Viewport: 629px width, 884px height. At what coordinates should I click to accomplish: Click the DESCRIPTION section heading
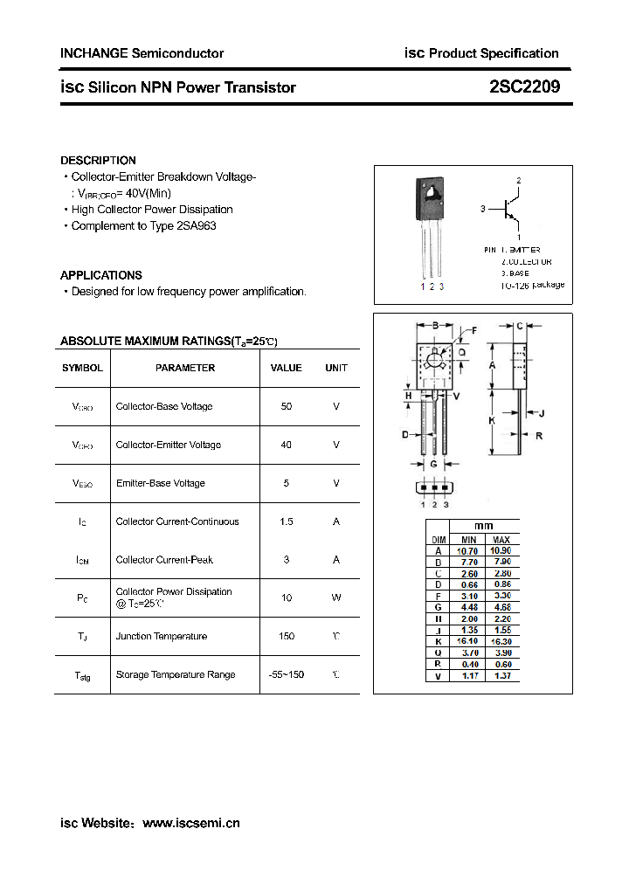coord(98,161)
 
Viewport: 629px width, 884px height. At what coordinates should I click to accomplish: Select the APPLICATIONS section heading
coord(100,275)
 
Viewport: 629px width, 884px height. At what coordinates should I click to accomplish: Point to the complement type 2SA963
coord(197,226)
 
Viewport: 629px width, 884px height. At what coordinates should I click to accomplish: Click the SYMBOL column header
coord(82,368)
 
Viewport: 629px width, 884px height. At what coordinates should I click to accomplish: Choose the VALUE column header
coord(286,368)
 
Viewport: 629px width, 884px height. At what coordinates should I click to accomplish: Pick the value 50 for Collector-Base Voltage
coord(287,406)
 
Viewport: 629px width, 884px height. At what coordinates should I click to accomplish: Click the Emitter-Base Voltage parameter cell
coord(160,483)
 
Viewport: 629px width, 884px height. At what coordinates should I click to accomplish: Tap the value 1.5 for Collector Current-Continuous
coord(287,521)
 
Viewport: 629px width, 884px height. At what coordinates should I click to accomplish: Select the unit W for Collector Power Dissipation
coord(336,598)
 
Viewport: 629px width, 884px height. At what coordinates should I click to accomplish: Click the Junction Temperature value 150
coord(287,637)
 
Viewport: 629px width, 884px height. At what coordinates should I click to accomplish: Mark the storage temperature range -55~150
coord(287,675)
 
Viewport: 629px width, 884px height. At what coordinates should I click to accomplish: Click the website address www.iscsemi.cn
coord(190,823)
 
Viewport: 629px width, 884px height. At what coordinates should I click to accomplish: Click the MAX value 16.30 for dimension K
coord(501,641)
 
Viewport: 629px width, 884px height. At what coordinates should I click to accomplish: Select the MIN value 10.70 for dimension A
coord(468,551)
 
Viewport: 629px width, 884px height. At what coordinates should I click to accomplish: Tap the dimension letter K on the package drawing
coord(492,420)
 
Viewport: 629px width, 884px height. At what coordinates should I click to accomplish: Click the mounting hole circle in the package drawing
coord(434,358)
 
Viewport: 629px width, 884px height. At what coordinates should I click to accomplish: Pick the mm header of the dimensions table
coord(483,527)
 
